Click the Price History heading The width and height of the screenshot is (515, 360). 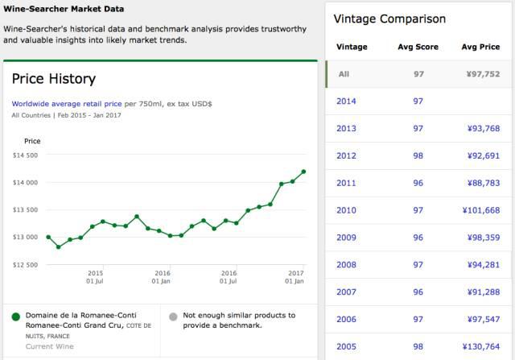[x=54, y=79]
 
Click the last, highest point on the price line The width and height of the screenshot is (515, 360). [x=303, y=171]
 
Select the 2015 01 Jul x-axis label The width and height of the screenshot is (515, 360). [x=95, y=277]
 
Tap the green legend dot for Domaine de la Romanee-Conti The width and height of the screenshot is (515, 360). [x=15, y=316]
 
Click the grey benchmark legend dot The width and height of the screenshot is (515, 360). [x=172, y=316]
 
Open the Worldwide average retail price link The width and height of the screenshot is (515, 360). [x=67, y=104]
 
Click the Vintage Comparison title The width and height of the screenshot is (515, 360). [x=389, y=19]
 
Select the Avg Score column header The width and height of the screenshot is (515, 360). [x=418, y=47]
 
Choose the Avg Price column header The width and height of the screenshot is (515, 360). [x=480, y=47]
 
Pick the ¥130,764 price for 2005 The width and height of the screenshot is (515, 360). [x=480, y=347]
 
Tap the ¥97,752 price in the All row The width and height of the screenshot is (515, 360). [x=480, y=73]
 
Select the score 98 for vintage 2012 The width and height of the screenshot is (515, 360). [x=418, y=155]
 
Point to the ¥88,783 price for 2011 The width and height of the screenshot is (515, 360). [x=481, y=183]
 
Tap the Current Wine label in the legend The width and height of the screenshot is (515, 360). [x=49, y=346]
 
